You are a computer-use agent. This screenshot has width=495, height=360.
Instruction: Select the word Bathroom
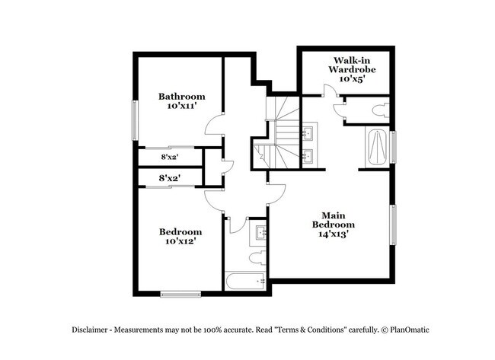coord(181,96)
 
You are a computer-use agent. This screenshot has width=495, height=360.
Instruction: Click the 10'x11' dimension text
coord(181,107)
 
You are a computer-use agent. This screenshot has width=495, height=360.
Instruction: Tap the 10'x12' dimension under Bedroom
coord(180,243)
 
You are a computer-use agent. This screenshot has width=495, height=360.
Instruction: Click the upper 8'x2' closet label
coord(169,156)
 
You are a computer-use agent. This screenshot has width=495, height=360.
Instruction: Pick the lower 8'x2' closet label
coord(169,179)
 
